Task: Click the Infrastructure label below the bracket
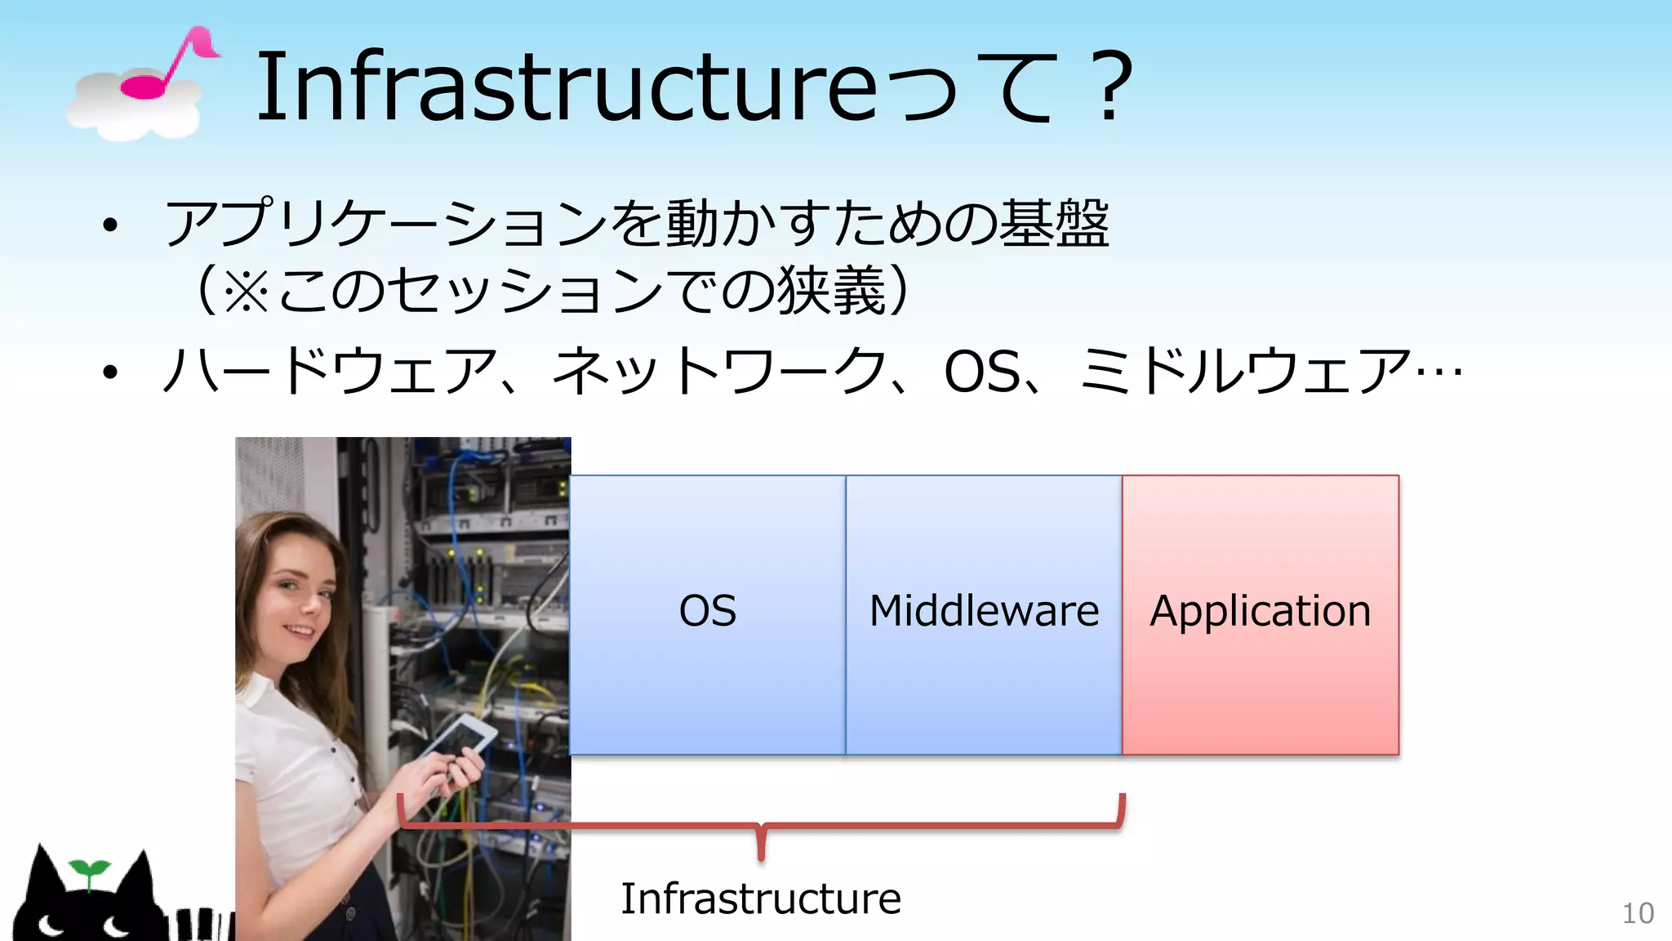pyautogui.click(x=761, y=899)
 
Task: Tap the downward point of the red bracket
pyautogui.click(x=761, y=854)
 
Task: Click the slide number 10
pyautogui.click(x=1637, y=913)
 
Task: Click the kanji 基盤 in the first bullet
pyautogui.click(x=1054, y=223)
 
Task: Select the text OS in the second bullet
pyautogui.click(x=981, y=372)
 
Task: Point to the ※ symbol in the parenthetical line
pyautogui.click(x=246, y=291)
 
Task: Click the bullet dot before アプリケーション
pyautogui.click(x=110, y=225)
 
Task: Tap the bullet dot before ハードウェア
pyautogui.click(x=110, y=373)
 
